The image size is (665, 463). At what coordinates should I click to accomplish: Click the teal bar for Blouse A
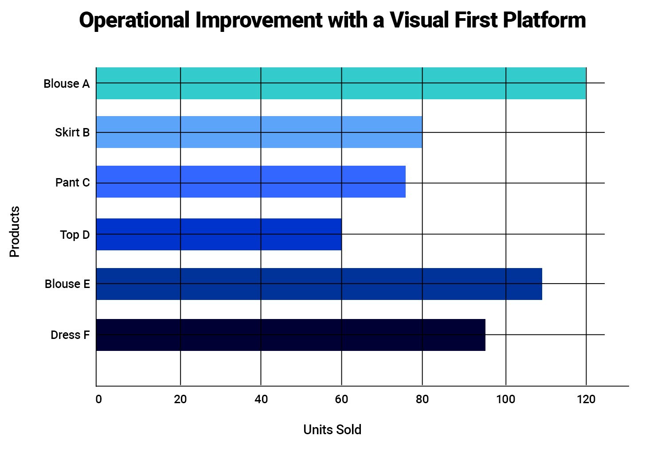pos(341,83)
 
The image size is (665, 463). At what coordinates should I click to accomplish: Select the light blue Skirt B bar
pos(259,132)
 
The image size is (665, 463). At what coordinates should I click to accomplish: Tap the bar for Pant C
pos(250,182)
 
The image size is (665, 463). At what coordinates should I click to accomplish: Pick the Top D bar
pos(219,234)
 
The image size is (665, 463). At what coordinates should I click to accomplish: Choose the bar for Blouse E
pos(319,284)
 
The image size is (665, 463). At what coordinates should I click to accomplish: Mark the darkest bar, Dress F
pos(290,335)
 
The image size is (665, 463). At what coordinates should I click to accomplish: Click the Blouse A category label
pos(66,84)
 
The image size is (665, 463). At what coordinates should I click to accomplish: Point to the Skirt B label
pos(72,132)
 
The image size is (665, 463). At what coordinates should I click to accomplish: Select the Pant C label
pos(72,183)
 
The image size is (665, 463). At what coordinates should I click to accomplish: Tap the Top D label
pos(75,235)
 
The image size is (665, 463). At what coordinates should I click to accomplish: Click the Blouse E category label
pos(67,284)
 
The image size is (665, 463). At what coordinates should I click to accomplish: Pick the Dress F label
pos(70,335)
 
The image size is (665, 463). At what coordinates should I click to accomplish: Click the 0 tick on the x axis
pos(98,399)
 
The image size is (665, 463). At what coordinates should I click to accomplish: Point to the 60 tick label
pos(341,399)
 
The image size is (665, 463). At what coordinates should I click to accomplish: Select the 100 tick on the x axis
pos(505,399)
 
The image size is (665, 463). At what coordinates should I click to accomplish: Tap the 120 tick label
pos(586,399)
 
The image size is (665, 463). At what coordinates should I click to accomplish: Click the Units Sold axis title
pos(332,429)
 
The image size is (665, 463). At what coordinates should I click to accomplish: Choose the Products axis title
pos(15,231)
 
